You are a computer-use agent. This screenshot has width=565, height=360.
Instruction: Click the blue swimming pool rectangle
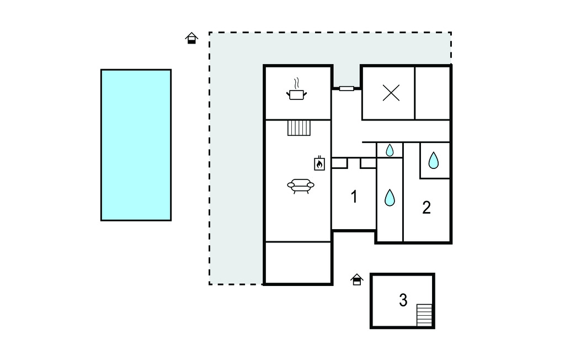pos(136,145)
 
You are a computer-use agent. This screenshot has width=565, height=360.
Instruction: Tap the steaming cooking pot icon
pos(296,90)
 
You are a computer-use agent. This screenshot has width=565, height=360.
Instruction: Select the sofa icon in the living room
pos(301,186)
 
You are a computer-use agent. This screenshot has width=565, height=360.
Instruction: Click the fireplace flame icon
pos(319,163)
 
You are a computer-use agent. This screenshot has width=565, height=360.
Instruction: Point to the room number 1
pos(354,197)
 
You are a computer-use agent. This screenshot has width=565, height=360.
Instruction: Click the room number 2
pos(427,208)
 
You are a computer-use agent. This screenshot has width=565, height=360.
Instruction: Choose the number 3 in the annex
pos(403,300)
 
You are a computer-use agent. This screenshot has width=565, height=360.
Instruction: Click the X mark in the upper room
pos(391,93)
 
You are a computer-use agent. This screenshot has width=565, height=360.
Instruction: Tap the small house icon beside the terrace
pos(191,38)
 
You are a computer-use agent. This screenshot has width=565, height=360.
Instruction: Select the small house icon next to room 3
pos(357,279)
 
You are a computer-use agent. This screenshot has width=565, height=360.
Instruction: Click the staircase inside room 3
pos(424,315)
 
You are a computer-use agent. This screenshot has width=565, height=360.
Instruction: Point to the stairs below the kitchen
pos(299,128)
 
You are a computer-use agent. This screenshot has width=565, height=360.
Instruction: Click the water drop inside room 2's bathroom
pos(434,161)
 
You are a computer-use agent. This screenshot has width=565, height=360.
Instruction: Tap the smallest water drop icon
pos(390,150)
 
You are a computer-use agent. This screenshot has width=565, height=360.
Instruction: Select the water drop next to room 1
pos(390,198)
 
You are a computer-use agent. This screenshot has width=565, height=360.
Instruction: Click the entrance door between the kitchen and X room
pos(347,88)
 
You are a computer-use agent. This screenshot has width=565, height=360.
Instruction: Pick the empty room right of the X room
pos(433,93)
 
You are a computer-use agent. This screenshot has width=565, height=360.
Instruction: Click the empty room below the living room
pos(298,262)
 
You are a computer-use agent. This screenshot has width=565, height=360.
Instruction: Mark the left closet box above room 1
pos(339,163)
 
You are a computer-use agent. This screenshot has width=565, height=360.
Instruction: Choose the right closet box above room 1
pos(368,163)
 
